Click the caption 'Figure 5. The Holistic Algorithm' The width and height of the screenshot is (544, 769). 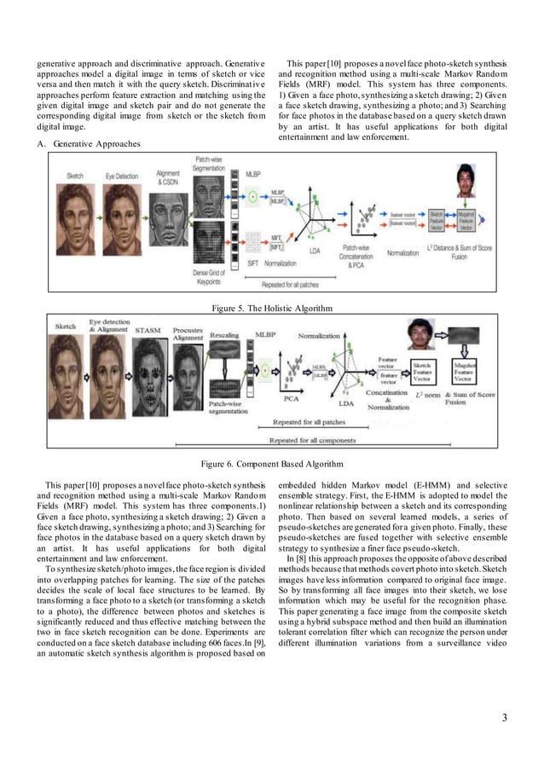click(x=271, y=307)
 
